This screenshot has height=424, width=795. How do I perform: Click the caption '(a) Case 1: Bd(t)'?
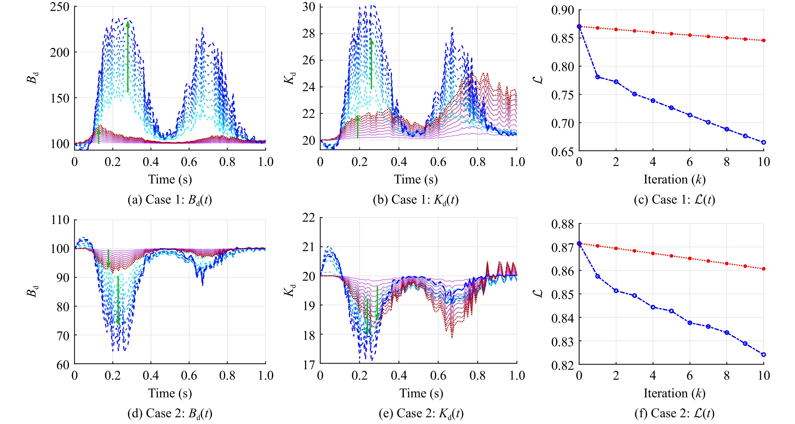[x=170, y=200]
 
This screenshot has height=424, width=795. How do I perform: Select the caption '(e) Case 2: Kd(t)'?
[x=421, y=413]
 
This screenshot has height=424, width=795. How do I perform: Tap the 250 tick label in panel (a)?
[x=60, y=7]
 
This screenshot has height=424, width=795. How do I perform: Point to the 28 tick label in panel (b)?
[x=309, y=34]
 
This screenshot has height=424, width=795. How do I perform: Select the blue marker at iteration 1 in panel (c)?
[x=598, y=77]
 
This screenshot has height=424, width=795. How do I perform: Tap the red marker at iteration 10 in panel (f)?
[x=763, y=269]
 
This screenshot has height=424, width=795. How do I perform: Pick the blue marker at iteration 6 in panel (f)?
[x=690, y=323]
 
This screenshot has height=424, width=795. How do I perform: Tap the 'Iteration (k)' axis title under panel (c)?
[x=674, y=179]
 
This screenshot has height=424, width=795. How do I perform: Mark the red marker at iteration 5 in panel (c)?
[x=671, y=34]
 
